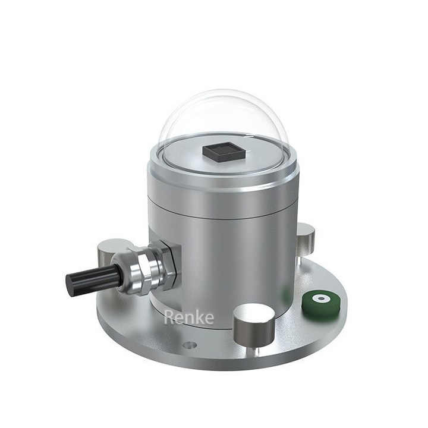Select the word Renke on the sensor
188,317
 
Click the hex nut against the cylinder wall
166,262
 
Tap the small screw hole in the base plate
190,345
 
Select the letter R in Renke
169,317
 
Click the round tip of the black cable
70,285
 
